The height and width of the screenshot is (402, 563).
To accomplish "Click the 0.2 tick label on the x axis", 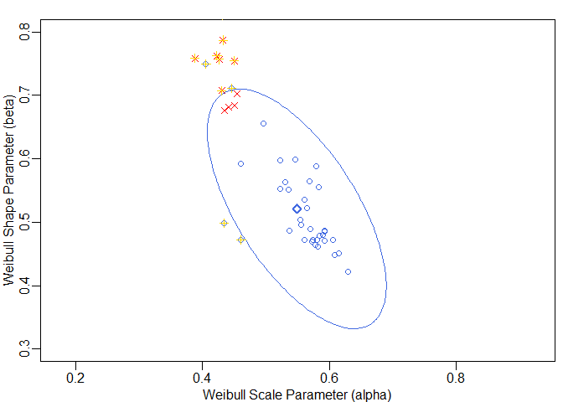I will click(76, 376).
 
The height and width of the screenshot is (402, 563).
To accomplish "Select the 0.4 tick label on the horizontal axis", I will click(203, 376).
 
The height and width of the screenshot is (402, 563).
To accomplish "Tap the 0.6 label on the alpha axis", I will click(329, 376).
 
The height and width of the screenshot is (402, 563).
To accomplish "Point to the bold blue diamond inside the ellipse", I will click(297, 209).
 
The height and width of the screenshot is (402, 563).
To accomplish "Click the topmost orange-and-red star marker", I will click(223, 40).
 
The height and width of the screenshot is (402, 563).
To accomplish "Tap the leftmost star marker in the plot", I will click(195, 59).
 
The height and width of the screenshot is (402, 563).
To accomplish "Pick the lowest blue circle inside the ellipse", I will click(348, 271).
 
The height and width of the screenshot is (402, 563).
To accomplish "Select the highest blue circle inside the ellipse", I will click(263, 123).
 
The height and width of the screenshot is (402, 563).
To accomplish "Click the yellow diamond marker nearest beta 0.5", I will click(224, 223).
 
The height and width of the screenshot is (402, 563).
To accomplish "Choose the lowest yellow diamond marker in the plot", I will click(240, 240).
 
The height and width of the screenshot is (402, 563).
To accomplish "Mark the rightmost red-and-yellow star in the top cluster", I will click(235, 61).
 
